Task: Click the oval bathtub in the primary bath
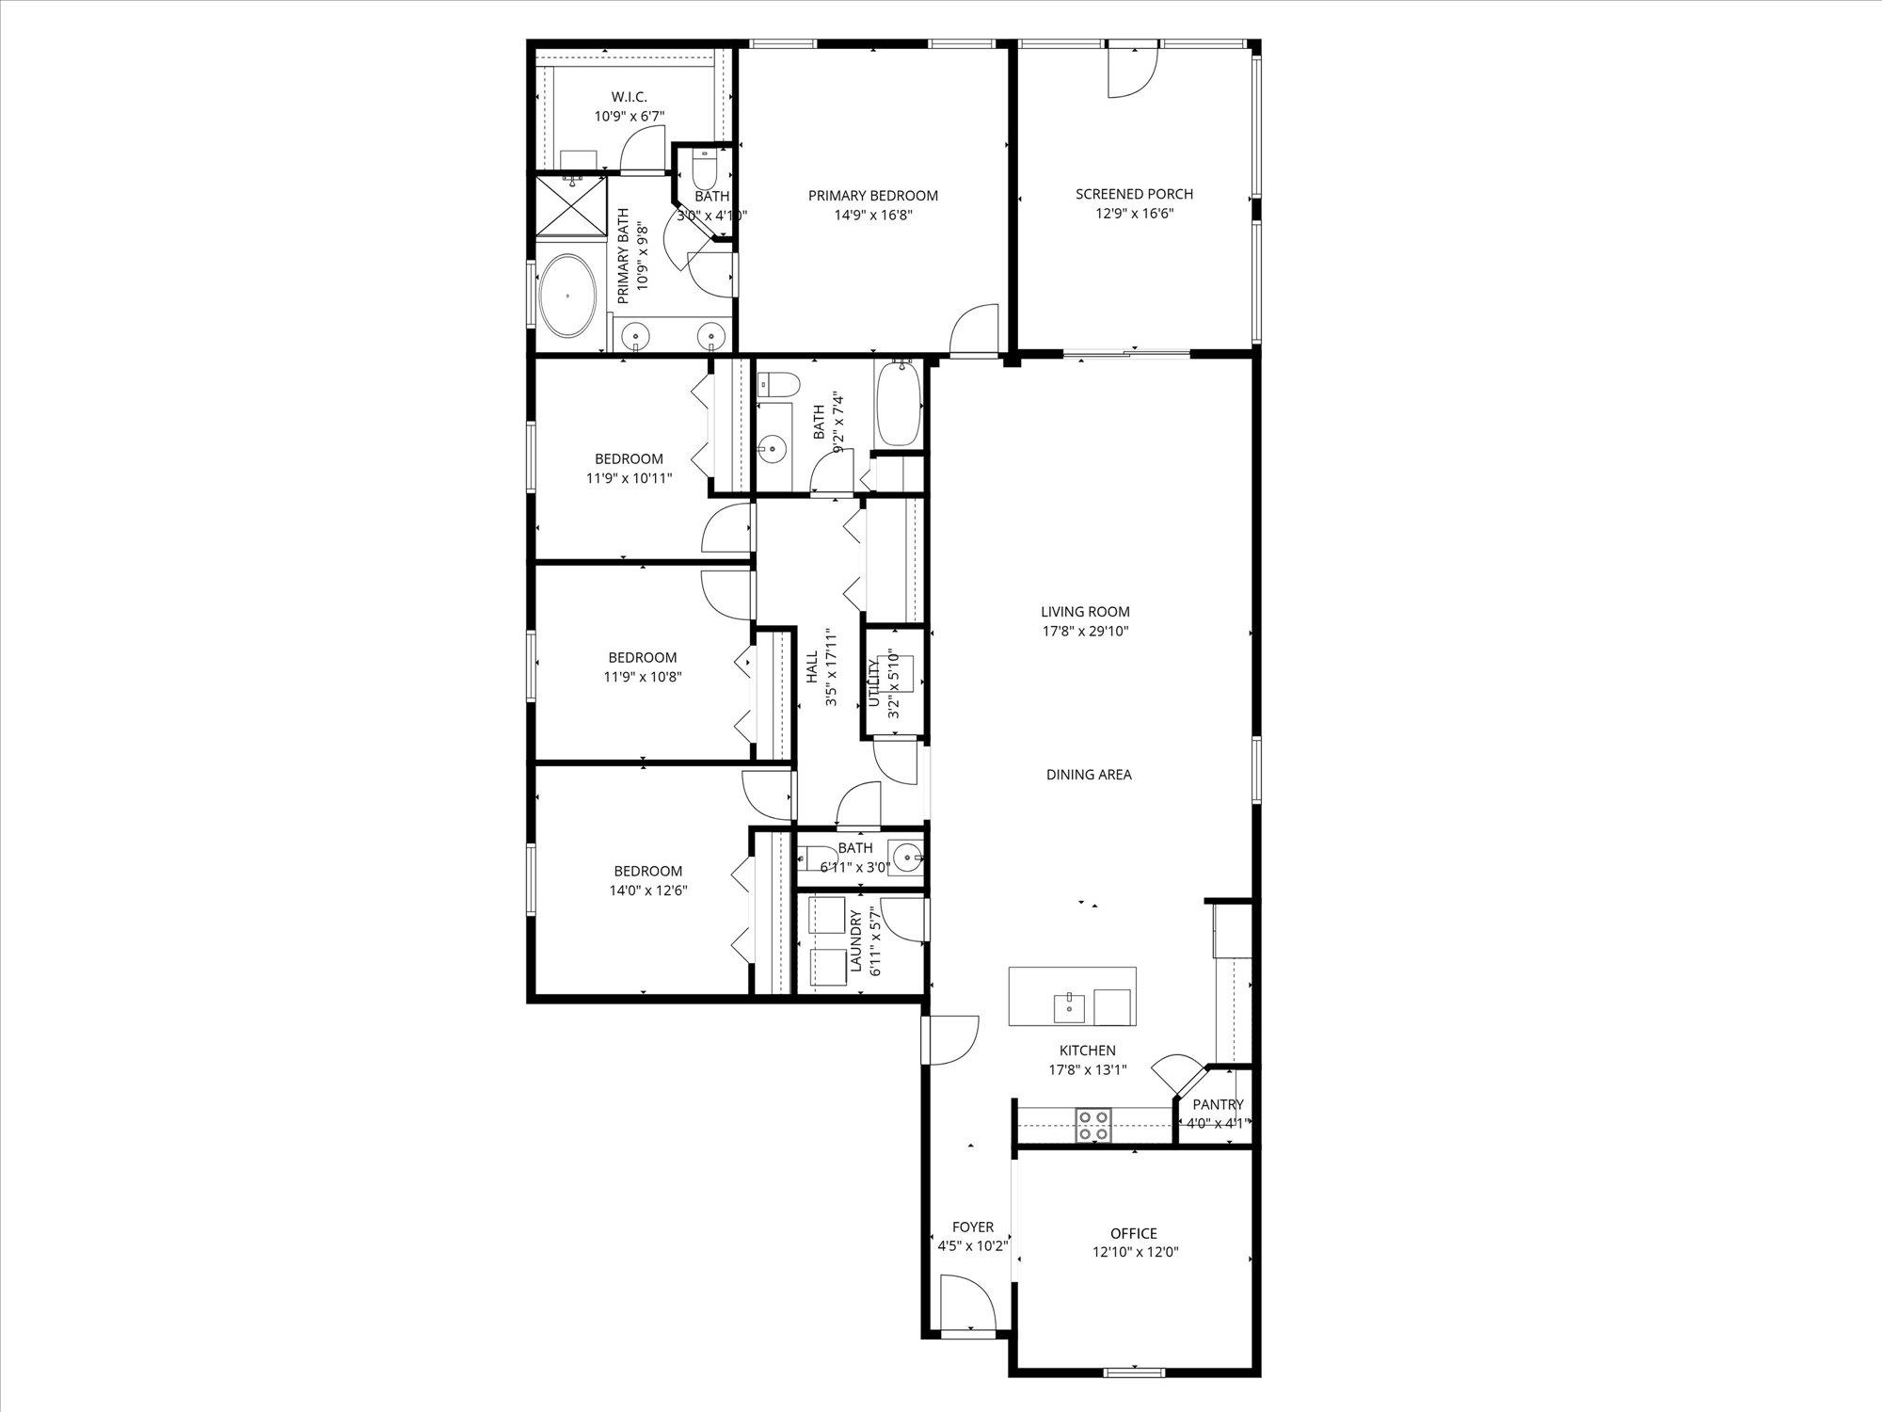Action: [567, 296]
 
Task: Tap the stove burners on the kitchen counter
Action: [1093, 1125]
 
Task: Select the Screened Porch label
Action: [1134, 194]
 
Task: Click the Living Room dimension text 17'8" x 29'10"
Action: [1085, 632]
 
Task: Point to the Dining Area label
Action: [1089, 775]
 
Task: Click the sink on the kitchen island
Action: [1070, 1006]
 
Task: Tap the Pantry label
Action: [1218, 1104]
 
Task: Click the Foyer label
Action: [972, 1227]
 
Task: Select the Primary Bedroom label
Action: [872, 196]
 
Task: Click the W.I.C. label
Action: [629, 97]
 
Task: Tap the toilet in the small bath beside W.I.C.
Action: [705, 171]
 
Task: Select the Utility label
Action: [874, 683]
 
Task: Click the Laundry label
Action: [856, 941]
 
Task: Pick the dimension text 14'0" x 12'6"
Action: [648, 891]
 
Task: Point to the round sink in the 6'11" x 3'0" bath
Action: [907, 858]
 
